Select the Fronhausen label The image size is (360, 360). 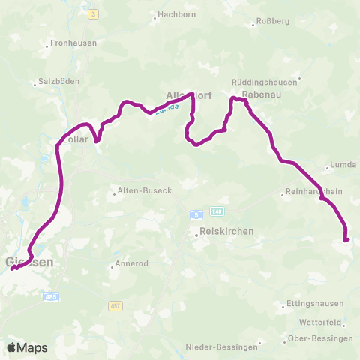(73, 43)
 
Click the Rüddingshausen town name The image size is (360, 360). (265, 81)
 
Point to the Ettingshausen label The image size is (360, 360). (315, 304)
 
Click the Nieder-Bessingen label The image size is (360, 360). (223, 346)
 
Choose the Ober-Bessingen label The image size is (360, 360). (321, 338)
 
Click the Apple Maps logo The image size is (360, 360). (26, 347)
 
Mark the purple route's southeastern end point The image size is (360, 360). (346, 240)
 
